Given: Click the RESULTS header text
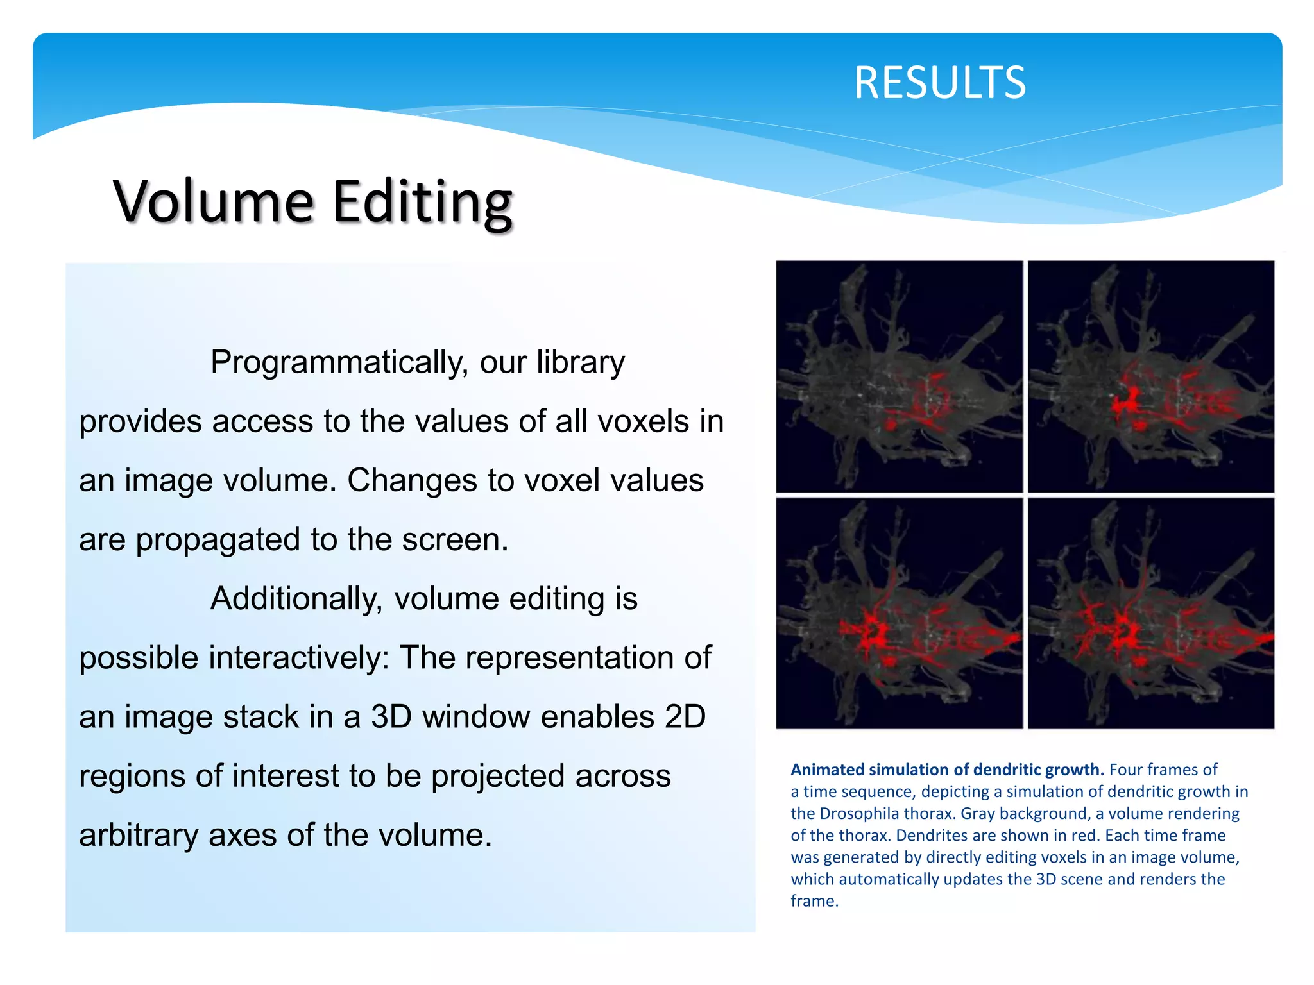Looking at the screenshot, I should tap(939, 83).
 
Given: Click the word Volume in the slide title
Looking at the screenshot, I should tap(214, 201).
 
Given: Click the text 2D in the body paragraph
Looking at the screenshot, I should tap(685, 717).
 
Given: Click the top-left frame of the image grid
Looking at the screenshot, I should tap(899, 376).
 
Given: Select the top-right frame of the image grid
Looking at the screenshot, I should tap(1150, 376).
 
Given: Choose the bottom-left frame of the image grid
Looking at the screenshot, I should tap(899, 613).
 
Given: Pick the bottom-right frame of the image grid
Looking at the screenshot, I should tap(1150, 613).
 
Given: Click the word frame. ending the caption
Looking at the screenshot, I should tap(814, 901).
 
